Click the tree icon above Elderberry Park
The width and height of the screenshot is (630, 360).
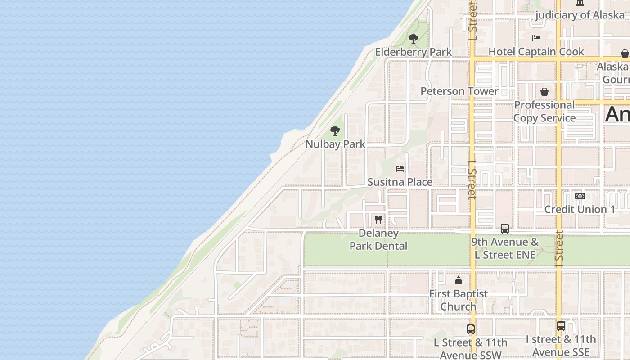point(413,39)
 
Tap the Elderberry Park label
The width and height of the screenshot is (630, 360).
point(413,52)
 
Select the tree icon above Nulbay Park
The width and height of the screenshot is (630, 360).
point(335,131)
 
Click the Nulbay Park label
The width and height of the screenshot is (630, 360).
point(335,144)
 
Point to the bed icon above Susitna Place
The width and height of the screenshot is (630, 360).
point(400,169)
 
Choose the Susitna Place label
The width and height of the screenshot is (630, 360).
point(400,182)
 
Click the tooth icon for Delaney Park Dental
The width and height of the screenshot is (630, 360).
point(378,220)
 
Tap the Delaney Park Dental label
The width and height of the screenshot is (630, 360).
point(378,239)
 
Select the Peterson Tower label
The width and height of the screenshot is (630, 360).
point(459,91)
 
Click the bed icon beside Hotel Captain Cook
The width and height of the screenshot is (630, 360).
point(536,38)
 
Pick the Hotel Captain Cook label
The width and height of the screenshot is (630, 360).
point(536,52)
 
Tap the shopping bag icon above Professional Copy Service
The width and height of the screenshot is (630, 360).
point(544,92)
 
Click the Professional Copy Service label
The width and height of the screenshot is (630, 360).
point(544,112)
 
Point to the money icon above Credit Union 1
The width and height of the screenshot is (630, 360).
point(580,196)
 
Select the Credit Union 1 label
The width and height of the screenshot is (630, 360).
point(580,210)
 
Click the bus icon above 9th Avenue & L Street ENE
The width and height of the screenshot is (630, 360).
point(505,229)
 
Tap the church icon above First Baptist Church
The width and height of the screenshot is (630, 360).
point(459,281)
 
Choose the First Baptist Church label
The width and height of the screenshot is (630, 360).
point(458,300)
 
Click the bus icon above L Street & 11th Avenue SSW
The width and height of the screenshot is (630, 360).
point(471,329)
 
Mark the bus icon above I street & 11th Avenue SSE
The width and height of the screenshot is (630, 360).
point(561,326)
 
